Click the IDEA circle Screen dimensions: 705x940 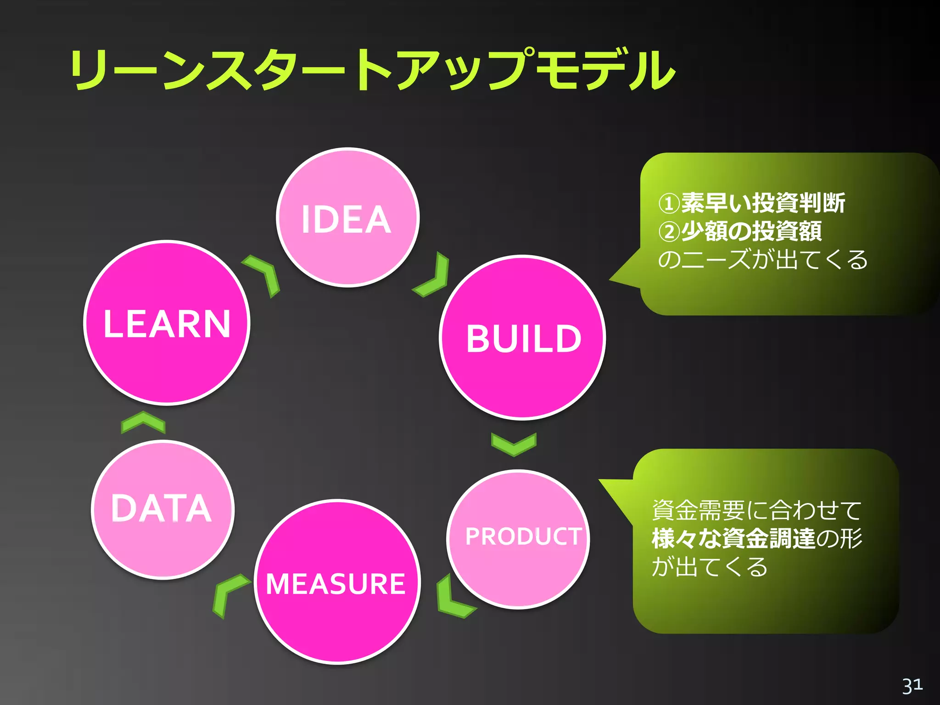347,218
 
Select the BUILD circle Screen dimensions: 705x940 522,338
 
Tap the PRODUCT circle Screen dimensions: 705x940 518,539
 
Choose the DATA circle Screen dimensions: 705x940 162,509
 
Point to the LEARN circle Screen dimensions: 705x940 167,323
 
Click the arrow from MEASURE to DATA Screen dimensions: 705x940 228,594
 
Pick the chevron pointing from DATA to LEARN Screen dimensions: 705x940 143,422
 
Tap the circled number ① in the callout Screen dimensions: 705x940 668,203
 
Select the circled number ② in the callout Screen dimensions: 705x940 668,232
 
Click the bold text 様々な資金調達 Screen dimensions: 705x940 733,539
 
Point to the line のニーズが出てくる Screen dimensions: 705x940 762,260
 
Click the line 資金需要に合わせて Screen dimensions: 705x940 756,510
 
